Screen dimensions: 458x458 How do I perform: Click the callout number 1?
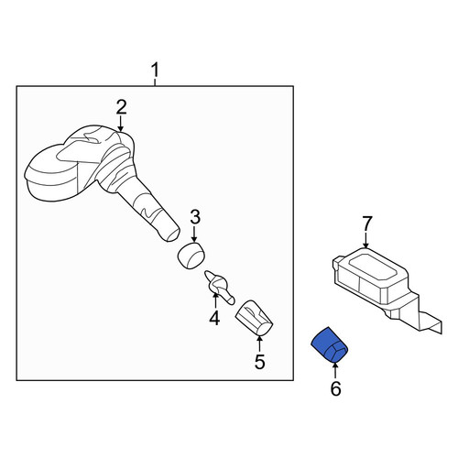(156, 70)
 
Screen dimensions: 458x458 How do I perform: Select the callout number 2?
(121, 107)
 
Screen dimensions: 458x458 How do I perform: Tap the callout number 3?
(195, 217)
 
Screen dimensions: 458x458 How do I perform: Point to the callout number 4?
(214, 318)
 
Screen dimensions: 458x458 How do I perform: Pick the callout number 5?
(260, 362)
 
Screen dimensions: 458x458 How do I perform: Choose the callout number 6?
(335, 388)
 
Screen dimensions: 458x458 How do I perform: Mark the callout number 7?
(367, 224)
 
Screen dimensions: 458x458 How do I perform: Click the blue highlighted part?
(330, 344)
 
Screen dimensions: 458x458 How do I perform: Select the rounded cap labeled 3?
(191, 256)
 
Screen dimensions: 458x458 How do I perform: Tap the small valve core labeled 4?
(219, 287)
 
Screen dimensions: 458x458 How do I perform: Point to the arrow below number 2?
(121, 124)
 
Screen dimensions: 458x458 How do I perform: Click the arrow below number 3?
(194, 234)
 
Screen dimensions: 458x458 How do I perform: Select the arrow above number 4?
(215, 300)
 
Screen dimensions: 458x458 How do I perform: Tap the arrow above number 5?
(259, 343)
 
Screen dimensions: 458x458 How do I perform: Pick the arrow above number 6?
(335, 370)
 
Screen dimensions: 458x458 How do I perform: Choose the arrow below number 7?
(366, 240)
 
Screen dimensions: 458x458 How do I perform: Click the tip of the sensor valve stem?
(172, 235)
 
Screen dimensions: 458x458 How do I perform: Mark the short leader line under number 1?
(156, 82)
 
